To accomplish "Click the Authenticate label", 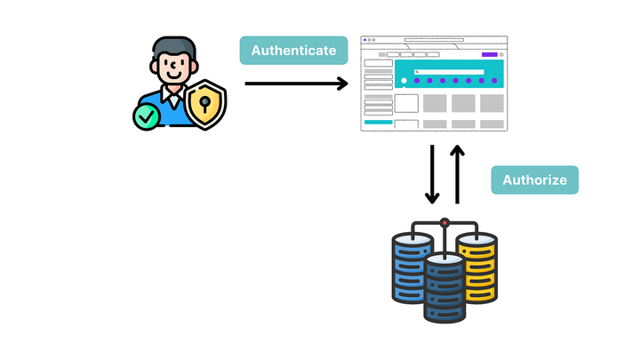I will pos(293,51).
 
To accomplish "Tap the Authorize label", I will pos(534,180).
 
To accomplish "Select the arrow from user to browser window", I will pos(296,84).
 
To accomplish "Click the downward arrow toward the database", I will pos(433,174).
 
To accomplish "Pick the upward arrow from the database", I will pos(458,174).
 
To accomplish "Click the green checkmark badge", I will pos(146,116).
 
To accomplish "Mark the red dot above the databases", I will pos(444,220).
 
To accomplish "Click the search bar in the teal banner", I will pos(449,71).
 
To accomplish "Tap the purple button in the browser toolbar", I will pos(488,54).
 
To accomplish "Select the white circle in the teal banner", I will pos(404,81).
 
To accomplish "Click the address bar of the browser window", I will pos(433,40).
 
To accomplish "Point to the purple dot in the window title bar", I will pos(364,40).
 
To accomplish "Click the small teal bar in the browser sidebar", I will pos(378,122).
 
